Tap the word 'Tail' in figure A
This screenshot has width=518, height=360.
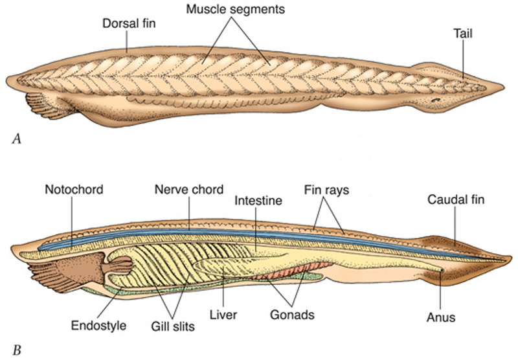(463, 34)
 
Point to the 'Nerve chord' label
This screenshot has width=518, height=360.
(188, 190)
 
